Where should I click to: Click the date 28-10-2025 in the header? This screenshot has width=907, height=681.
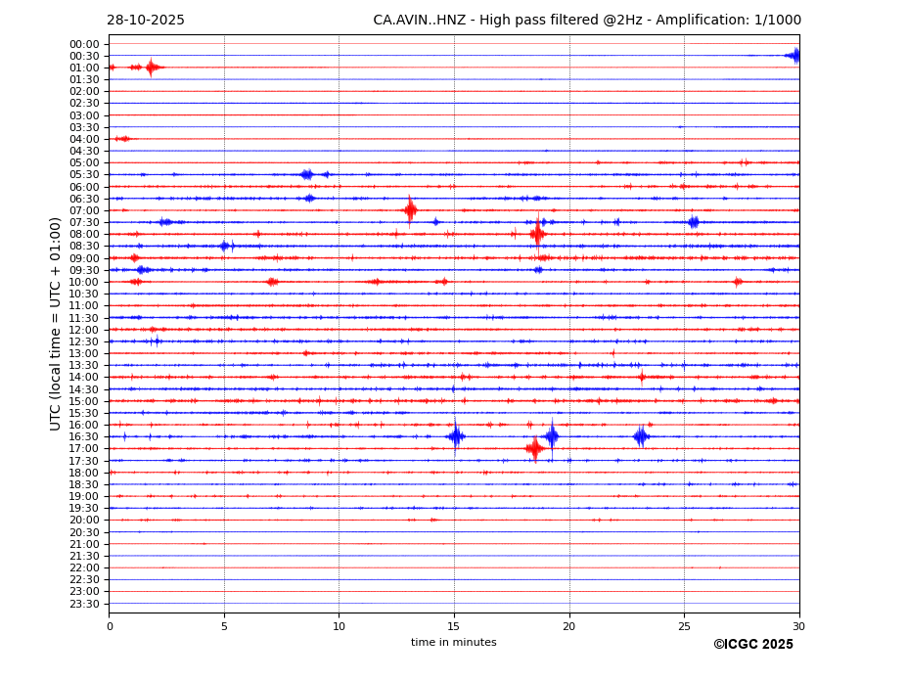146,21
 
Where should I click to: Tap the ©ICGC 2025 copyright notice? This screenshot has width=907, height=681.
752,644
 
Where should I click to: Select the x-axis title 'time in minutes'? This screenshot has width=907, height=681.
453,642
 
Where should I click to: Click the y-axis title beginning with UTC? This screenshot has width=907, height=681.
56,323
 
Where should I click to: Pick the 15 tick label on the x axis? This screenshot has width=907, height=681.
454,626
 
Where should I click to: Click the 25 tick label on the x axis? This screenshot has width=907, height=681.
684,626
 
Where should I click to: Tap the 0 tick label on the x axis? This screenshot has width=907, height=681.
110,626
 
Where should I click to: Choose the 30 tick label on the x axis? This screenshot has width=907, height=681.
798,626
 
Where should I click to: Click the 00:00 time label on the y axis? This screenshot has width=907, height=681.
84,44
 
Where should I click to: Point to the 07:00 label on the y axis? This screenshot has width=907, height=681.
84,210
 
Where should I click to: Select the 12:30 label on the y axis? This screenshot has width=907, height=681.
84,341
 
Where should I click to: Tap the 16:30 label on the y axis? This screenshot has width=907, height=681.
84,436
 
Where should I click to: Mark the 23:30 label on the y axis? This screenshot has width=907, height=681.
84,604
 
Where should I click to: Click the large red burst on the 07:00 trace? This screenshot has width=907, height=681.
410,209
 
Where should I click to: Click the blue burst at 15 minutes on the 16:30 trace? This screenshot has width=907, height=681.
456,436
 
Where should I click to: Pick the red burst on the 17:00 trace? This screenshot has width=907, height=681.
534,448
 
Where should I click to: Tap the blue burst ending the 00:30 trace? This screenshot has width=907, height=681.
794,56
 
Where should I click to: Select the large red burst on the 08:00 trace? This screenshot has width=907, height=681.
537,234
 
